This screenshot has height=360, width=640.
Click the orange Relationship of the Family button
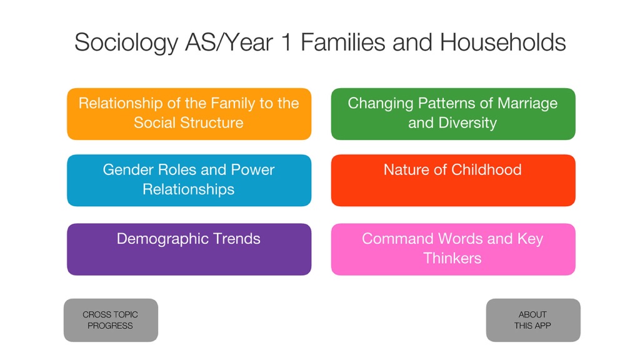(x=189, y=114)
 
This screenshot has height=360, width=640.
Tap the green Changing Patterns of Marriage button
(x=453, y=114)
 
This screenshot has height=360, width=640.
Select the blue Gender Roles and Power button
(x=189, y=180)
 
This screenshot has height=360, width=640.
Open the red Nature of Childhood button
(x=453, y=180)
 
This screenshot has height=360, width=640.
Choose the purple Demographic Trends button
(x=189, y=249)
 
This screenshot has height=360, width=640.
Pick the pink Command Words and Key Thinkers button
(x=453, y=249)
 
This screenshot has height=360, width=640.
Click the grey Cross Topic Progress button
(x=111, y=320)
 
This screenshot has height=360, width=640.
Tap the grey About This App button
(x=533, y=320)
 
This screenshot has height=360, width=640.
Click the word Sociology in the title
(x=126, y=43)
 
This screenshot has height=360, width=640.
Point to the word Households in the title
(x=502, y=42)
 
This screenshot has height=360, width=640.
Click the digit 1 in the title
(x=286, y=42)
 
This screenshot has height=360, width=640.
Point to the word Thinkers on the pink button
(x=452, y=258)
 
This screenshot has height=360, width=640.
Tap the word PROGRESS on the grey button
(x=110, y=326)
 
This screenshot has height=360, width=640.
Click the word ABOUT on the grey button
(x=532, y=315)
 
